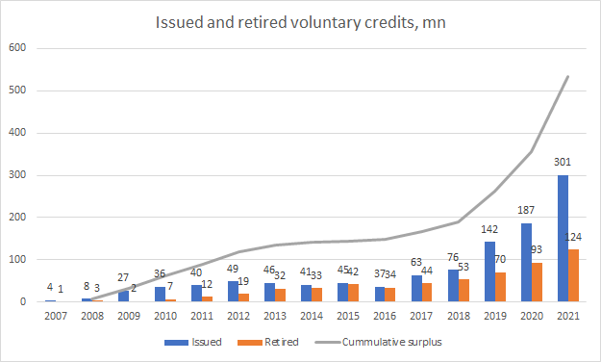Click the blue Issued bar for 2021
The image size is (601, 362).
click(x=563, y=239)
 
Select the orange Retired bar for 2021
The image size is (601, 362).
click(x=573, y=275)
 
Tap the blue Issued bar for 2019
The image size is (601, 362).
click(x=489, y=271)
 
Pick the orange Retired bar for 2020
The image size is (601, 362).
click(x=537, y=282)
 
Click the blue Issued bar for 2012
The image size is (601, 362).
click(x=233, y=292)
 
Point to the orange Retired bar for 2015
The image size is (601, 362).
click(x=354, y=293)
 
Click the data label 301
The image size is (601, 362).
click(x=563, y=162)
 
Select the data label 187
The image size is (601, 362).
click(x=526, y=210)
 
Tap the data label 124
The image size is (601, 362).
click(x=573, y=237)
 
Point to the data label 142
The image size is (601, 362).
click(x=489, y=229)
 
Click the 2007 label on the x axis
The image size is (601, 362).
click(x=56, y=316)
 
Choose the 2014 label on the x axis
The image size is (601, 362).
click(x=312, y=316)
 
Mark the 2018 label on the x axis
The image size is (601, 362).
click(x=459, y=316)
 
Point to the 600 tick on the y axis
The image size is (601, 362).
click(x=17, y=47)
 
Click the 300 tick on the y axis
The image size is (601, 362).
click(x=17, y=174)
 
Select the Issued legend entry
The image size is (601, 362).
click(x=193, y=342)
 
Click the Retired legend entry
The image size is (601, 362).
click(x=268, y=342)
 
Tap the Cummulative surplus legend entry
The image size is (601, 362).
click(x=378, y=342)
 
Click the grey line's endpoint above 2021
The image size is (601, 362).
click(x=568, y=76)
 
